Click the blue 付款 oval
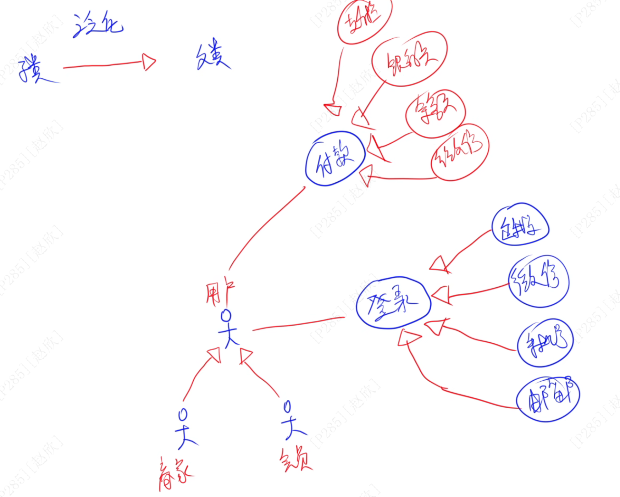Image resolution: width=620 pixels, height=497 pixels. pyautogui.click(x=335, y=159)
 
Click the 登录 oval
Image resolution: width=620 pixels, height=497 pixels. pyautogui.click(x=393, y=303)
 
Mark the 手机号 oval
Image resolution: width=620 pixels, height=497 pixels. pyautogui.click(x=545, y=343)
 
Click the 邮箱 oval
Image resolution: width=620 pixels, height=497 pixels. pyautogui.click(x=548, y=399)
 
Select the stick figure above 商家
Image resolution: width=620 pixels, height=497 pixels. pyautogui.click(x=184, y=429)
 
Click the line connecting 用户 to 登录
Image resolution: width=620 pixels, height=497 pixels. pyautogui.click(x=298, y=324)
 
